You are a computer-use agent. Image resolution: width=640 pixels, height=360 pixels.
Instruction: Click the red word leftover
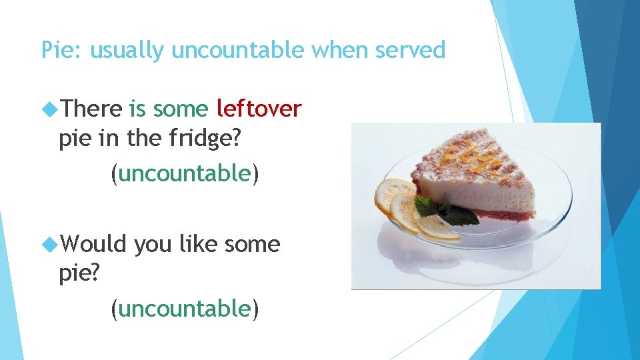[259, 108]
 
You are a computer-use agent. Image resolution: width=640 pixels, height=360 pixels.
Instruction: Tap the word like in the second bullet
[199, 244]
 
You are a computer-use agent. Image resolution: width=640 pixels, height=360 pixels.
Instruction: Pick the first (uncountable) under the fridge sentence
[185, 174]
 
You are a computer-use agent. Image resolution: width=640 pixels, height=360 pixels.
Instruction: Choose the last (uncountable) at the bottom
[185, 309]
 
